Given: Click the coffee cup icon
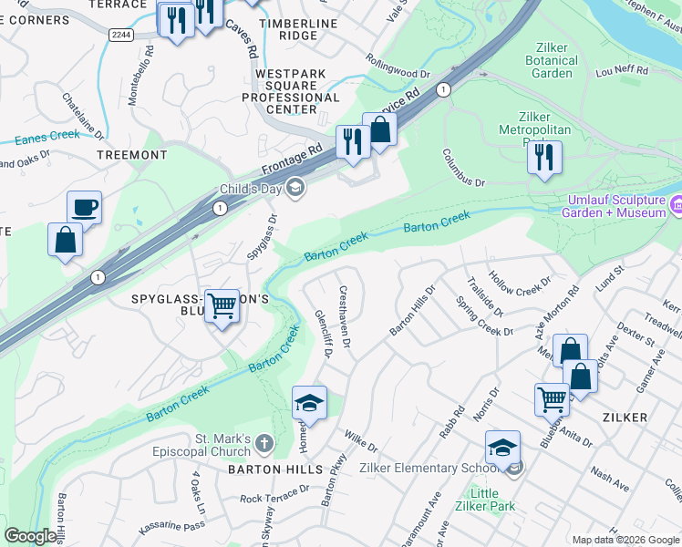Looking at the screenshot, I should point(84,208).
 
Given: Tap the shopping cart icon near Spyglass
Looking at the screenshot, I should point(222,306).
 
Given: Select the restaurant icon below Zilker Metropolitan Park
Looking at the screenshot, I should point(544,157).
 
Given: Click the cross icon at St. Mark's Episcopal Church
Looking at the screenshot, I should point(263,444).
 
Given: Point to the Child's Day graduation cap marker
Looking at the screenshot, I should point(294,189).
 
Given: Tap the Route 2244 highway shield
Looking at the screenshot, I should point(120,35).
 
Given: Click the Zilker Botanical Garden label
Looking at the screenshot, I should point(553,60).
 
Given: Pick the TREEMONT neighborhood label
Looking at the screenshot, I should point(131,156).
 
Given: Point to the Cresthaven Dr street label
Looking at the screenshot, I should point(345,318).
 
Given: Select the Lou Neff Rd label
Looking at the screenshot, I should point(622,70).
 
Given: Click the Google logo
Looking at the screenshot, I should point(30,536).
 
